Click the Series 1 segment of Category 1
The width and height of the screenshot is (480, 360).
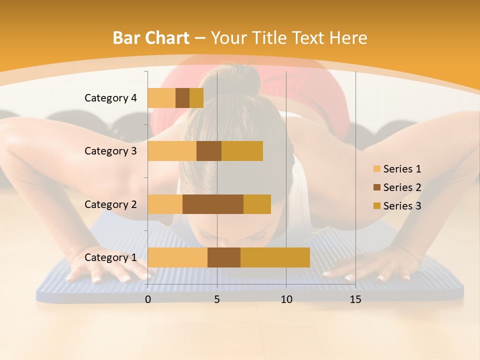(177, 257)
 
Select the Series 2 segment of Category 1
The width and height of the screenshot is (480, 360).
(224, 257)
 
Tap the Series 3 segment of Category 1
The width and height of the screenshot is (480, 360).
(275, 257)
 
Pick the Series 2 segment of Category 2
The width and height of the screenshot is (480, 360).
(213, 204)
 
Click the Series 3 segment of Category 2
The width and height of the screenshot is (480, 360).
(257, 204)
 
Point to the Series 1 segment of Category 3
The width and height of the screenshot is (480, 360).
(172, 151)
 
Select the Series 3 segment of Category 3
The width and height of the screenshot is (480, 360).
(242, 151)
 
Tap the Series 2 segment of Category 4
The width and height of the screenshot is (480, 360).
(182, 98)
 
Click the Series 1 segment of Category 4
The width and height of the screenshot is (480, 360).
(161, 98)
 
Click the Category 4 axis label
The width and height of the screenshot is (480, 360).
(110, 98)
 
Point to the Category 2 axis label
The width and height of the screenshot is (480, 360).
(110, 204)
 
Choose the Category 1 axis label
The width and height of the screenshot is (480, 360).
(110, 257)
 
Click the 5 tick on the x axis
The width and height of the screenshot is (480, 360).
(217, 299)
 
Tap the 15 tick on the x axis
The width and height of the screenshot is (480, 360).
(355, 299)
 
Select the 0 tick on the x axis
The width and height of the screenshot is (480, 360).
(148, 299)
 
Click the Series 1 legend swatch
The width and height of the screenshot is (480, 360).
(376, 169)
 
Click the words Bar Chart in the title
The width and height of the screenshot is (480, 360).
(151, 38)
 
